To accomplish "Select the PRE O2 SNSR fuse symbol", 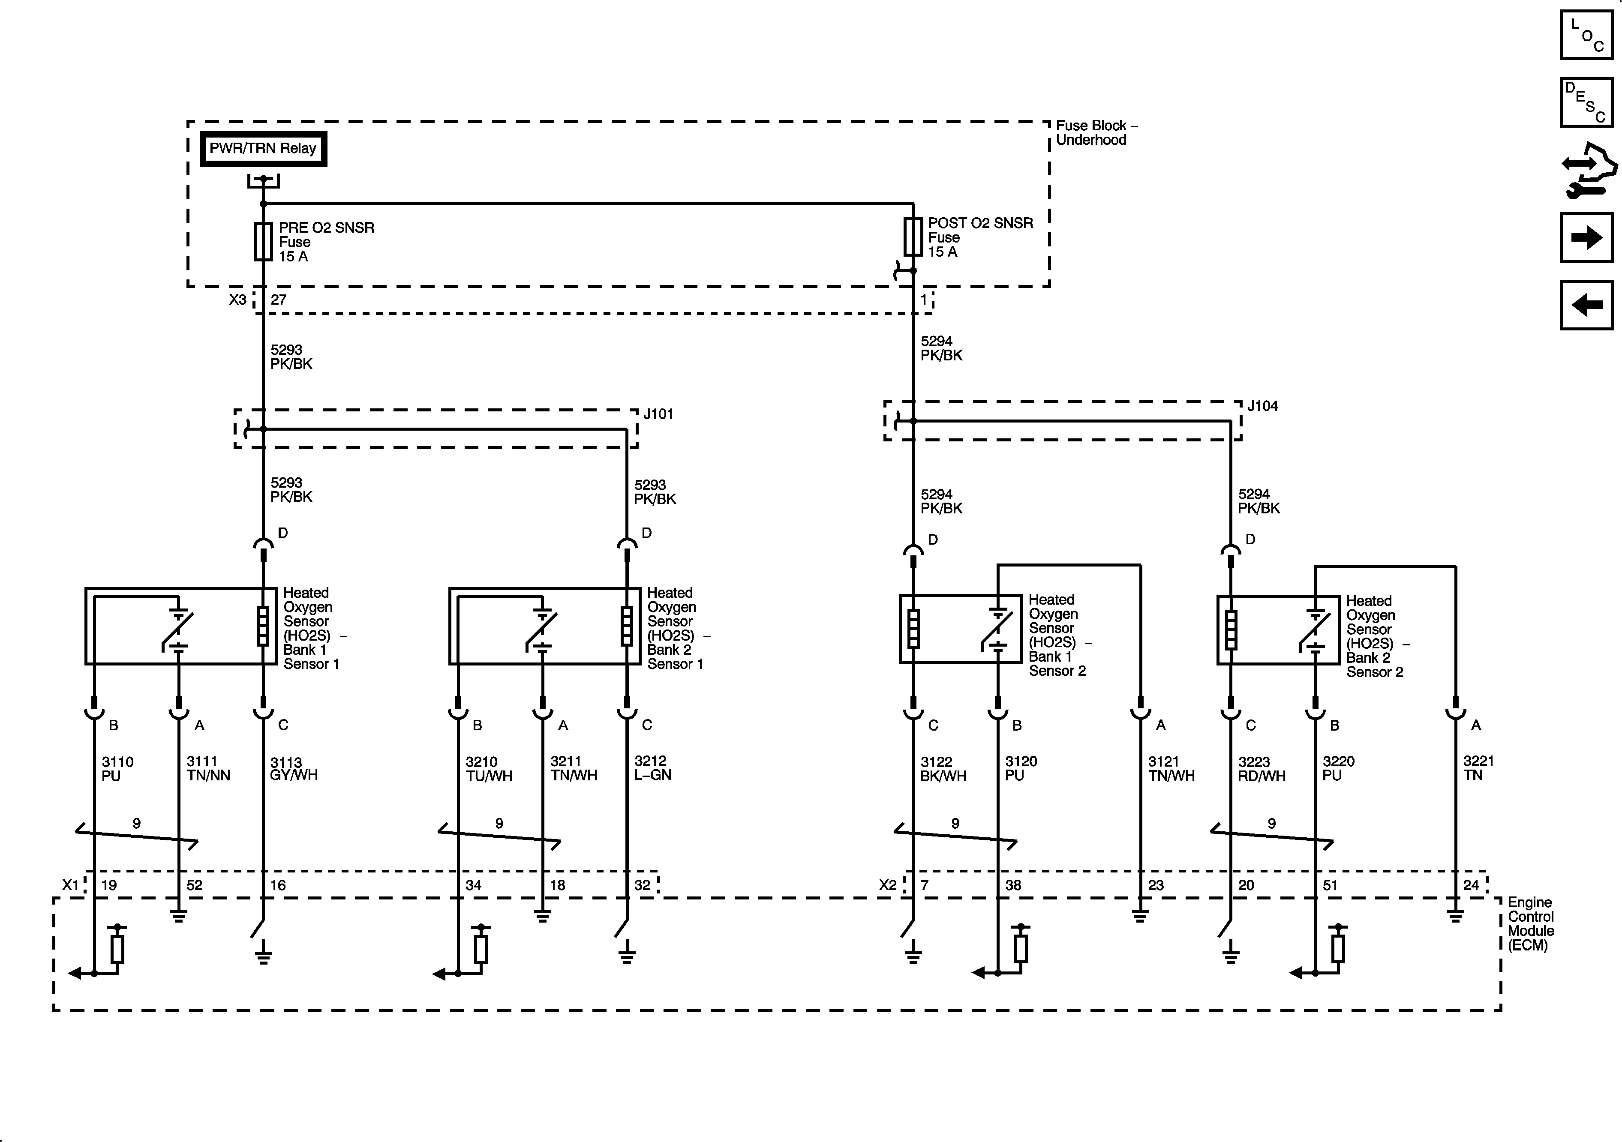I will click(x=263, y=242).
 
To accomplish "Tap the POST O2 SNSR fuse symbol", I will click(x=913, y=237).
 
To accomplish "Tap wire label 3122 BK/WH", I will click(x=943, y=768).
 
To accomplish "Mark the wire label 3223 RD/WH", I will click(x=1261, y=768).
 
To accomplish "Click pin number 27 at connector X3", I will click(x=278, y=300).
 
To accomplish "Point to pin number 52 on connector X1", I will click(x=194, y=885).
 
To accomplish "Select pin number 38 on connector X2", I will click(x=1013, y=885).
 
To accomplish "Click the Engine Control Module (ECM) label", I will click(x=1530, y=924).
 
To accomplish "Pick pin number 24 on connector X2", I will click(x=1471, y=885).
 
